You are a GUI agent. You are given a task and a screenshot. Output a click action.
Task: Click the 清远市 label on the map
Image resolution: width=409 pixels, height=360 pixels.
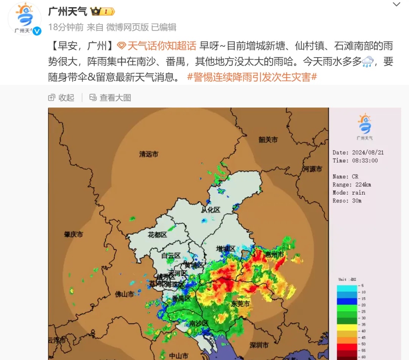[x=148, y=154]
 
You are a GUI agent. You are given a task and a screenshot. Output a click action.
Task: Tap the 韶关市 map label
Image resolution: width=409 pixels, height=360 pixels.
[x=268, y=140]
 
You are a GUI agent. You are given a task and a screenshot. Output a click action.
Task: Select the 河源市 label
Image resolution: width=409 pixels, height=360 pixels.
[x=312, y=169]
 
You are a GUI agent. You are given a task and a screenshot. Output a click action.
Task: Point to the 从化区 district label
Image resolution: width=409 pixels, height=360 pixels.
[x=211, y=209]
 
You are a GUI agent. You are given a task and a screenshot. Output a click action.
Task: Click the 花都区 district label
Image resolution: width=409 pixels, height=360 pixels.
[x=157, y=235]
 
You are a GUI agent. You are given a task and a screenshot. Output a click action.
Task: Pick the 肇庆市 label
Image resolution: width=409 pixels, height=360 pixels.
[x=73, y=234]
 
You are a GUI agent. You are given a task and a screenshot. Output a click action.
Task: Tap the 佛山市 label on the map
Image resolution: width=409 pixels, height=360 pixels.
[x=125, y=294]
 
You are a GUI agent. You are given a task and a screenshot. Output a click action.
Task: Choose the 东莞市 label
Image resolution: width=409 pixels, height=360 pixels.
[x=240, y=304]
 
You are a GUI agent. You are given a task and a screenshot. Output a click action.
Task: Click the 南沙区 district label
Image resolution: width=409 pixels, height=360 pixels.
[x=199, y=323]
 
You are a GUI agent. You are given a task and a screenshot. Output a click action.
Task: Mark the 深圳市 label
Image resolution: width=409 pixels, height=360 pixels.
[x=259, y=345]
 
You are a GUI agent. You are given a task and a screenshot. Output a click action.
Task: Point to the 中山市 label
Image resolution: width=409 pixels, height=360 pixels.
[x=178, y=356]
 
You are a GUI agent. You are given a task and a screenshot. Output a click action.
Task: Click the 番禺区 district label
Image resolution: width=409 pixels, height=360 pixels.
[x=181, y=298]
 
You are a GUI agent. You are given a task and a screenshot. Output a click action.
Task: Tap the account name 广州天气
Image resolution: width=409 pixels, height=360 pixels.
[x=67, y=12]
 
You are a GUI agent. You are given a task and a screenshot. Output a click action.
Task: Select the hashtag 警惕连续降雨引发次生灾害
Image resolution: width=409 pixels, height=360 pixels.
[x=252, y=77]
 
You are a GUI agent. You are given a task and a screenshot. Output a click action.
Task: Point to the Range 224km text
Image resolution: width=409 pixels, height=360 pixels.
[x=352, y=185]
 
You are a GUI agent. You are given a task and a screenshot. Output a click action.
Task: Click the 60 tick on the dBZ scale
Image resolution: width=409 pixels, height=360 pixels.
[x=363, y=357]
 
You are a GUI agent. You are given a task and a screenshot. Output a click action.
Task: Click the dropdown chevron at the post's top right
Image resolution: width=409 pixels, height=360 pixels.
[x=397, y=5]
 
